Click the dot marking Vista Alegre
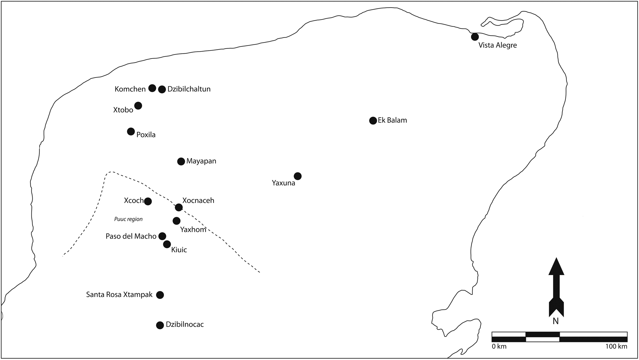[x=475, y=37]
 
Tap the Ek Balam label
[x=392, y=120]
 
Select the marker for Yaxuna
[x=297, y=176]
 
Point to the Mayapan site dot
[x=181, y=161]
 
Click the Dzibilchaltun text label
[x=189, y=89]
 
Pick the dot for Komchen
[x=152, y=88]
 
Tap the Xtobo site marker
[x=138, y=106]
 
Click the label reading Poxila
[x=146, y=135]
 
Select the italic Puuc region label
[x=128, y=219]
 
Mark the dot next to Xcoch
[x=148, y=201]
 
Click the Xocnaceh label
[x=198, y=200]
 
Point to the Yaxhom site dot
[x=176, y=221]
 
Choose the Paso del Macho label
[x=131, y=236]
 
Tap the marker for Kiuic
[x=167, y=244]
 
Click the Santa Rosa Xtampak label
[x=119, y=295]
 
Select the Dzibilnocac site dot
[x=160, y=325]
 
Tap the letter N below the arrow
[x=556, y=321]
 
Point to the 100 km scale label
[x=616, y=347]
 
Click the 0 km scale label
[x=499, y=347]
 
